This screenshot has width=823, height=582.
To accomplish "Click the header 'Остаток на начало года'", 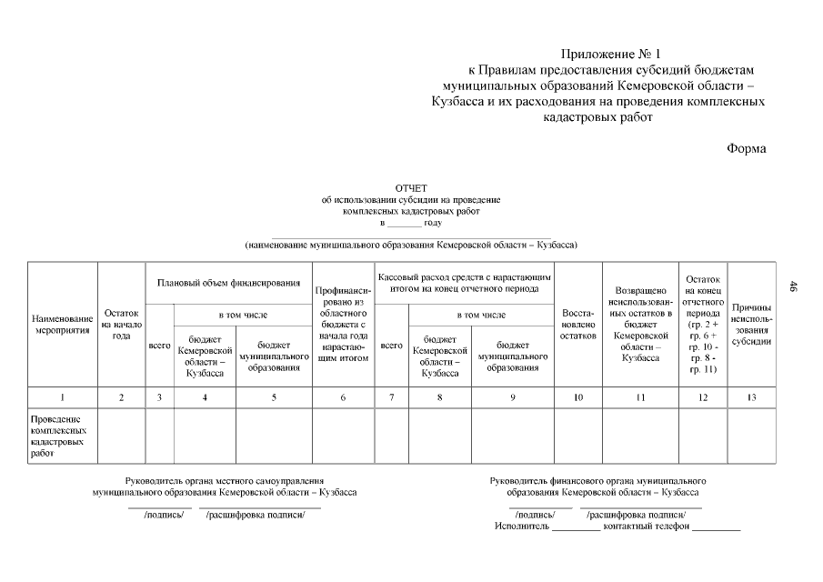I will click(x=121, y=324).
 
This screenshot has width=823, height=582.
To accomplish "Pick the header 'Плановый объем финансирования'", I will click(x=228, y=283).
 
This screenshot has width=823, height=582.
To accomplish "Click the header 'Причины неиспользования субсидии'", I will click(x=751, y=325).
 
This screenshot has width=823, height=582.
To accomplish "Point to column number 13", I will click(x=751, y=397).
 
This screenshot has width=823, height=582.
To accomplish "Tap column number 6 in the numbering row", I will click(x=343, y=397).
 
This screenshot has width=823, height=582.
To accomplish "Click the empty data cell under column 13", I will click(x=751, y=436).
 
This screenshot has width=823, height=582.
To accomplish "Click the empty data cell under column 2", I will click(x=121, y=436).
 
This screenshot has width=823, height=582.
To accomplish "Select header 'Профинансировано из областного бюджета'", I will click(x=343, y=325).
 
